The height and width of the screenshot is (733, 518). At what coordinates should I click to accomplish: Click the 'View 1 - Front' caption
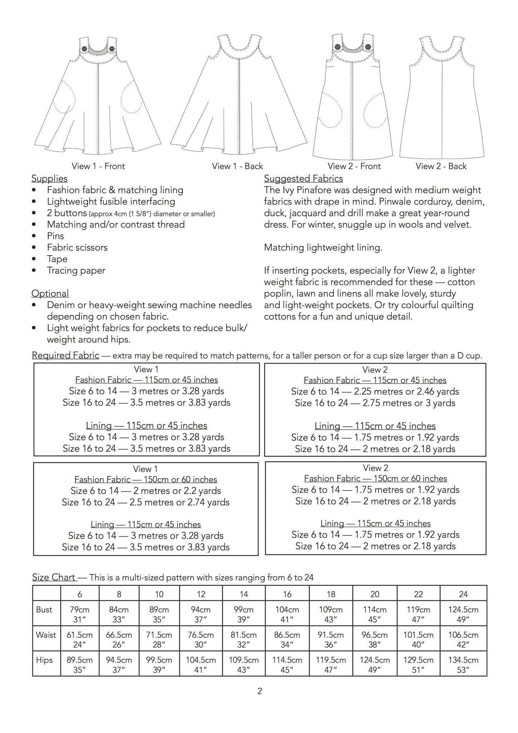[x=98, y=166]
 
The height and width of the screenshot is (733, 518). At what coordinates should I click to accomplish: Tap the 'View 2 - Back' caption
[x=441, y=166]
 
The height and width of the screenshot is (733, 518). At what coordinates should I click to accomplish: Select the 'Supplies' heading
[x=49, y=178]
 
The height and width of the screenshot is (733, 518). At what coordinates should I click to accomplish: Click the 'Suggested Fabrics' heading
[x=303, y=178]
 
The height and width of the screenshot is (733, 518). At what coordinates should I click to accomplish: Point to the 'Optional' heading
[x=50, y=293]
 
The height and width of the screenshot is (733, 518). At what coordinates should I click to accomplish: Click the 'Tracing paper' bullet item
[x=76, y=271]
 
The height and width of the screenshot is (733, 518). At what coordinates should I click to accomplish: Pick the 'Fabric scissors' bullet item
[x=77, y=247]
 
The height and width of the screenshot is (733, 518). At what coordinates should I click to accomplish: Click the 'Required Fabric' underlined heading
[x=65, y=355]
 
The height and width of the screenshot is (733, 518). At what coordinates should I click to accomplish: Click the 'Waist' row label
[x=46, y=635]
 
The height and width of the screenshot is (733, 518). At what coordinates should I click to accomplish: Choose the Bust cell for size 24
[x=463, y=614]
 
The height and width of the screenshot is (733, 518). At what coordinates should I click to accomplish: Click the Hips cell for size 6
[x=79, y=665]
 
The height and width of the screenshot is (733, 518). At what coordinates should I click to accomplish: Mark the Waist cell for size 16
[x=287, y=640]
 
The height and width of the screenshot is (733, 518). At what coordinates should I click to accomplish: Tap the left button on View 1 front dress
[x=84, y=48]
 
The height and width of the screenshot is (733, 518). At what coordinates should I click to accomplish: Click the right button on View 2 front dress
[x=368, y=47]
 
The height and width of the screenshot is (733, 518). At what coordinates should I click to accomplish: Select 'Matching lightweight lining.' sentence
[x=323, y=248]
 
